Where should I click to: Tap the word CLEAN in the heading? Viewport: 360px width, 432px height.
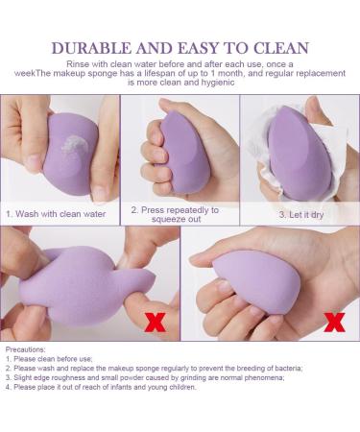point(276,47)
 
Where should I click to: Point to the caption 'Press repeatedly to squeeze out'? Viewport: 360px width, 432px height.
point(176,213)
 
